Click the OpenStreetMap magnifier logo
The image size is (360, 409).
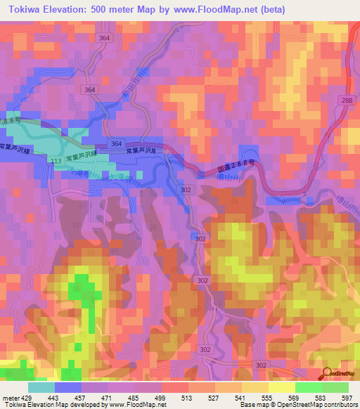328,375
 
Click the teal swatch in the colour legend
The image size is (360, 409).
41,387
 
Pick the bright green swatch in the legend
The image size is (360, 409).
308,387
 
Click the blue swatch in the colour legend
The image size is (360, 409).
68,387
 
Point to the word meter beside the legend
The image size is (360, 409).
9,397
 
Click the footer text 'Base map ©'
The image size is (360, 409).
257,405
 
